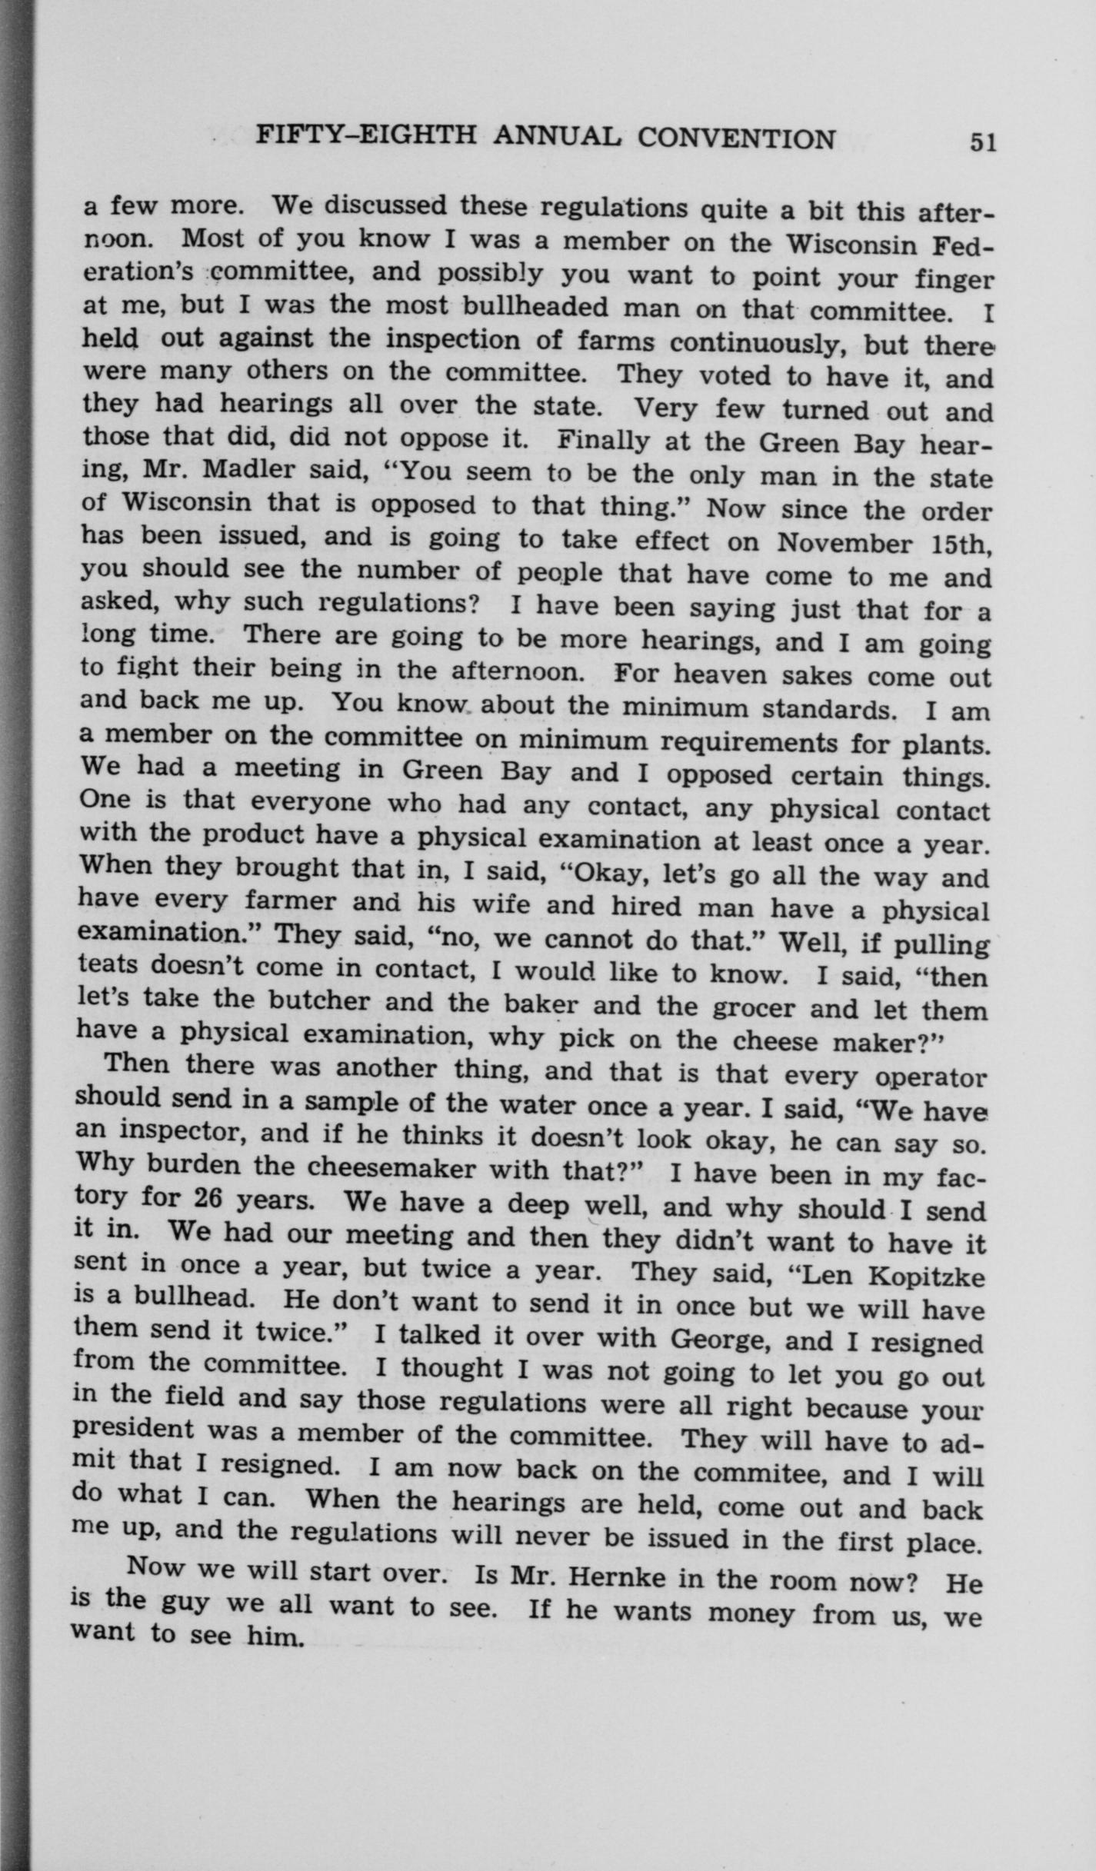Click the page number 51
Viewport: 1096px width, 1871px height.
click(x=983, y=142)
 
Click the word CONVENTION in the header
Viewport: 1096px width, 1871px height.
click(x=737, y=138)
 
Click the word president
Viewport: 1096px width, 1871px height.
click(x=134, y=1432)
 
